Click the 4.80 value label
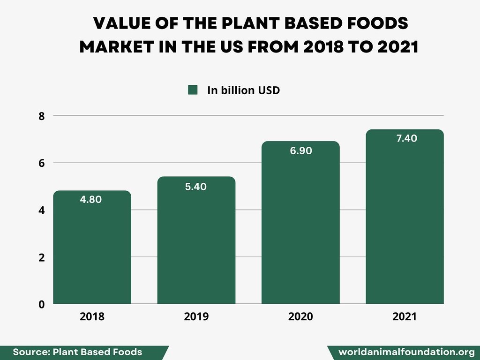tap(91, 199)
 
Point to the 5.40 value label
tap(195, 187)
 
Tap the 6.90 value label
tap(300, 151)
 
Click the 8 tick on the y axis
tap(42, 116)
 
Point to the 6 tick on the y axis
tap(42, 163)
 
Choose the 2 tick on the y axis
tap(42, 257)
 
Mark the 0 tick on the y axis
tap(42, 304)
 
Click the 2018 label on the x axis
tap(92, 316)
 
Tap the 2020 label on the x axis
tap(300, 316)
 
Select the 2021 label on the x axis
tap(405, 316)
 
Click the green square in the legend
tap(193, 90)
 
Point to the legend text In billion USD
tap(243, 90)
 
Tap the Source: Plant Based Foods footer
tap(77, 352)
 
